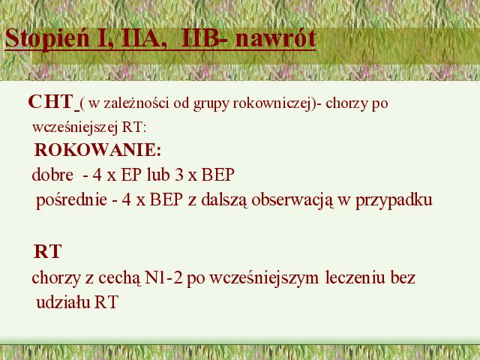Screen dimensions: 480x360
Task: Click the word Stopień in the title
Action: click(47, 39)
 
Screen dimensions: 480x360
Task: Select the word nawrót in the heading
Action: click(275, 38)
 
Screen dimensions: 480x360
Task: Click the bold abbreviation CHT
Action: click(50, 102)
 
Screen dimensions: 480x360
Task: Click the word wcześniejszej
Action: click(75, 127)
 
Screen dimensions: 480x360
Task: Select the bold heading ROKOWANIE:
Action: click(97, 150)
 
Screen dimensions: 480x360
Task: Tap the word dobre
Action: click(52, 175)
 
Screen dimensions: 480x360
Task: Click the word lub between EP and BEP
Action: click(158, 175)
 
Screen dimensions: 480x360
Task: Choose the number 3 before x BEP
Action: click(179, 175)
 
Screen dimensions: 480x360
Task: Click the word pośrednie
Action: click(72, 200)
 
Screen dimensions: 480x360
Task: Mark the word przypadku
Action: click(394, 200)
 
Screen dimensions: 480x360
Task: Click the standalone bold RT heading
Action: click(47, 252)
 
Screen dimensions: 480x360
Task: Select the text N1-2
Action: click(163, 278)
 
